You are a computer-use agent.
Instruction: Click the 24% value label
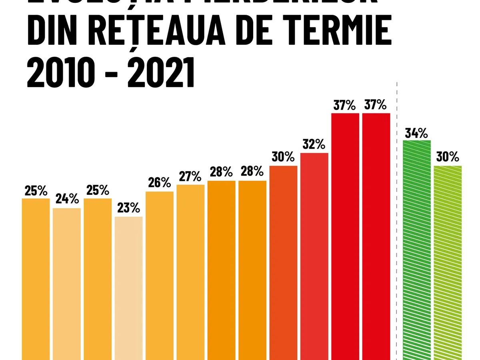(67, 199)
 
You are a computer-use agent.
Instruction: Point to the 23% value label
(128, 208)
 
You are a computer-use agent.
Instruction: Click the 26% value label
(159, 182)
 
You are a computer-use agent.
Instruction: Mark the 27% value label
(190, 176)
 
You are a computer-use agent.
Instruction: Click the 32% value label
(314, 144)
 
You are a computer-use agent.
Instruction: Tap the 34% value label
(417, 132)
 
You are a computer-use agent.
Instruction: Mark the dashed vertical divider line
(396, 220)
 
